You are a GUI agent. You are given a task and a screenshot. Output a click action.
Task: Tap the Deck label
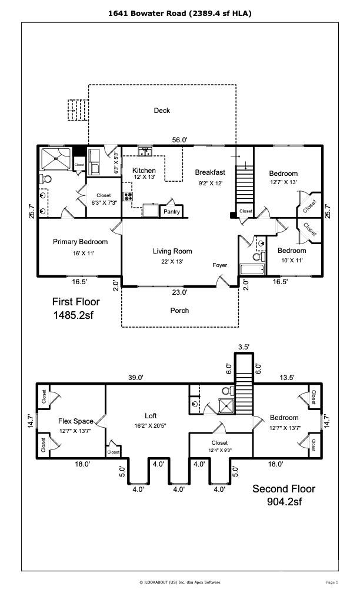click(162, 110)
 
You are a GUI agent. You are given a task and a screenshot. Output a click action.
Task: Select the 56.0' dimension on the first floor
click(179, 140)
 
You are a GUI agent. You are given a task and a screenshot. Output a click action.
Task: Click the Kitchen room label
click(144, 171)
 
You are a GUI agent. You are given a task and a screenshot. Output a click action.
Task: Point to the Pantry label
click(172, 211)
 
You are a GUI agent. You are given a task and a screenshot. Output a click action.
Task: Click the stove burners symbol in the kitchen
click(128, 197)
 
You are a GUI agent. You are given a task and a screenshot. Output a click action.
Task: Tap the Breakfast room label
click(210, 172)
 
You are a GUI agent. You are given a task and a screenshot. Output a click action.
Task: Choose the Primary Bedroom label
click(80, 242)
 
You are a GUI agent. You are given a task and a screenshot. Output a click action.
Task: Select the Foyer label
click(219, 265)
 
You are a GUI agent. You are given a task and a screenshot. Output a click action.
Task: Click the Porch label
click(179, 310)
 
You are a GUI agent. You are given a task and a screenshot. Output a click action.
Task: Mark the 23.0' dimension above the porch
click(179, 292)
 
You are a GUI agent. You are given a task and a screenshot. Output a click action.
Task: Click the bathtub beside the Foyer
click(252, 270)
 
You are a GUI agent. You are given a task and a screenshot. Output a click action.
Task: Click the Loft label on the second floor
click(151, 415)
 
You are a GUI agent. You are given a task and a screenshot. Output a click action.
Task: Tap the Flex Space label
click(75, 421)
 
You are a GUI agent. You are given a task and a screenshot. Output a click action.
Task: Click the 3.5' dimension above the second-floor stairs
click(243, 348)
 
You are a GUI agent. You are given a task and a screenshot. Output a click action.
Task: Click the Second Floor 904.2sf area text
click(284, 495)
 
